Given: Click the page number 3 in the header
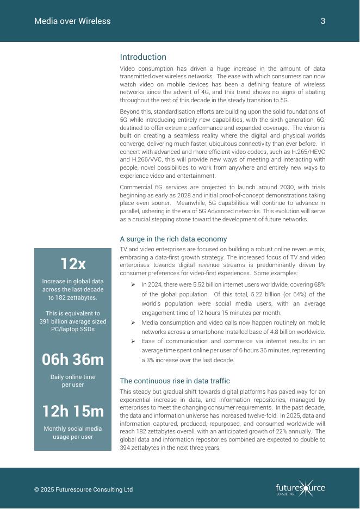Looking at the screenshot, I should [323, 21].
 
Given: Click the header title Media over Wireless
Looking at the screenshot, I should [72, 21].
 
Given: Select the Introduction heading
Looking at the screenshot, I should [143, 57].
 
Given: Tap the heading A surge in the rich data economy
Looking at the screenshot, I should [173, 239].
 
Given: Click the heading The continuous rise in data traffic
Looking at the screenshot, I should [175, 381].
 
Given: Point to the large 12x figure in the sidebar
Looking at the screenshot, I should [73, 264].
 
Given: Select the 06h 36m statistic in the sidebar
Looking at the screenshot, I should [73, 359].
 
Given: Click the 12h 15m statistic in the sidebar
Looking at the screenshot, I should [73, 411].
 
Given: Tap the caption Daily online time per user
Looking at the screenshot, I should [73, 381].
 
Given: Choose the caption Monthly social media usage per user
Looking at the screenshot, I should [73, 433].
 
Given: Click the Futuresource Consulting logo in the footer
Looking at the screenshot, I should [300, 488].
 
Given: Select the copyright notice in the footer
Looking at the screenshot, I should [83, 489].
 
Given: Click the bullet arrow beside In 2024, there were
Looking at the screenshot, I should [133, 284].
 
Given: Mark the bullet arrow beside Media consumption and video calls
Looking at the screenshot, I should [133, 322].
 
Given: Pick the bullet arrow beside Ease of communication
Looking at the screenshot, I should [133, 342].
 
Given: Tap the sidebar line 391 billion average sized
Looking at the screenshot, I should [73, 321].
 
